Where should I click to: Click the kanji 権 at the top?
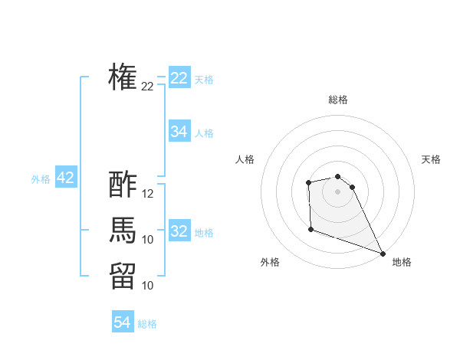coord(123,77)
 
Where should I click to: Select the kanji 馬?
coord(123,230)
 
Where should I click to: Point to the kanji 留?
coord(123,276)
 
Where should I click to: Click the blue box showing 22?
coord(179,78)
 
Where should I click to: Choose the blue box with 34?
coord(179,132)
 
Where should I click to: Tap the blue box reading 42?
coord(65,178)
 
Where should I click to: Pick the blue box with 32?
coord(179,231)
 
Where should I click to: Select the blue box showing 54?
coord(123,322)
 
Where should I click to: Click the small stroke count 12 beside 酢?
coord(148,194)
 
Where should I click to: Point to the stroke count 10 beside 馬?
coord(148,240)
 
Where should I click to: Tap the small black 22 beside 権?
coord(148,87)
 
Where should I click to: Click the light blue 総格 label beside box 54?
coord(147,324)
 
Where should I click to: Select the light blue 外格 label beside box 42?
coord(41,179)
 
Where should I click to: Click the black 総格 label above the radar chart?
coord(338,100)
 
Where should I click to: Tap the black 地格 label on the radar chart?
coord(402,262)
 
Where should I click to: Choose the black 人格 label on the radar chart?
coord(245,159)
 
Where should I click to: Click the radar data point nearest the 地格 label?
coord(383,253)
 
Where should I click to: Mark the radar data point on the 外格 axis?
coord(310,229)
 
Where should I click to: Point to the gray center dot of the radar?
coord(337,191)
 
